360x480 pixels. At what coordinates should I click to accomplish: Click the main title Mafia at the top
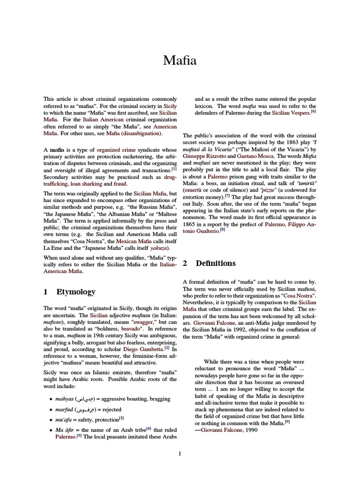[x=180, y=60]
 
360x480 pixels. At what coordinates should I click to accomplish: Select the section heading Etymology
[x=76, y=292]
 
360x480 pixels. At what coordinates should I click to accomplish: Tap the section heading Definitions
[x=216, y=263]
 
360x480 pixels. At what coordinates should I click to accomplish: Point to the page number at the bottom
[x=180, y=453]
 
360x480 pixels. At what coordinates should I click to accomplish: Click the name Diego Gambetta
[x=140, y=350]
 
